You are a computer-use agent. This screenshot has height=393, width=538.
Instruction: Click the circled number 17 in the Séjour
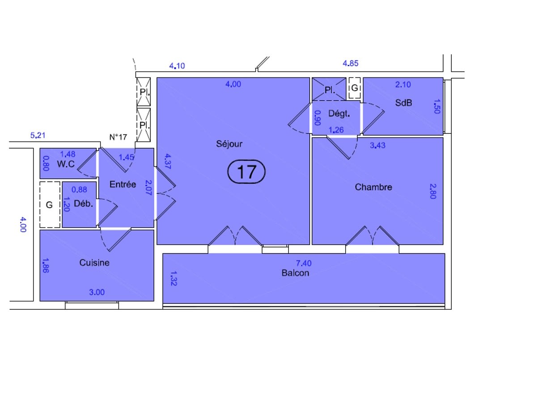[x=246, y=171]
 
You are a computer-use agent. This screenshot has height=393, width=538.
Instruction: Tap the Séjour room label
[x=229, y=144]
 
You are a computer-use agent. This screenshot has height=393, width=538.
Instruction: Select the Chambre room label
[x=373, y=187]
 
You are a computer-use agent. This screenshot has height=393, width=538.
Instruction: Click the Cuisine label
[x=94, y=263]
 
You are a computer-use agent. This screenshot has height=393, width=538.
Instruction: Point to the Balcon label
[x=295, y=273]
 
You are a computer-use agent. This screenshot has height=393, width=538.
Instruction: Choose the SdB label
[x=403, y=103]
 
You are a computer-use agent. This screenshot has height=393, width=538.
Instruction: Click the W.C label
[x=65, y=164]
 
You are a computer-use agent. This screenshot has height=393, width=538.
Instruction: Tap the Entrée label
[x=123, y=184]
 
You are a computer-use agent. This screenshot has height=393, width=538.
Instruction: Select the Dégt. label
[x=339, y=114]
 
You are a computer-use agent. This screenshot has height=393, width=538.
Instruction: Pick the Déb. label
[x=84, y=204]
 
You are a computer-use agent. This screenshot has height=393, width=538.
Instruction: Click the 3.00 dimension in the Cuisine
[x=97, y=293]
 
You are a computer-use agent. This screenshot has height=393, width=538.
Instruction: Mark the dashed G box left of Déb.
[x=50, y=205]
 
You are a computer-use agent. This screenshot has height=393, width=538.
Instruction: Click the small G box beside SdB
[x=355, y=89]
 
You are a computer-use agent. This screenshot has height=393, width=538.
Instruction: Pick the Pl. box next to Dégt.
[x=330, y=90]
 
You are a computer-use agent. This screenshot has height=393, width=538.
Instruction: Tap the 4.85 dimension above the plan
[x=351, y=63]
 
